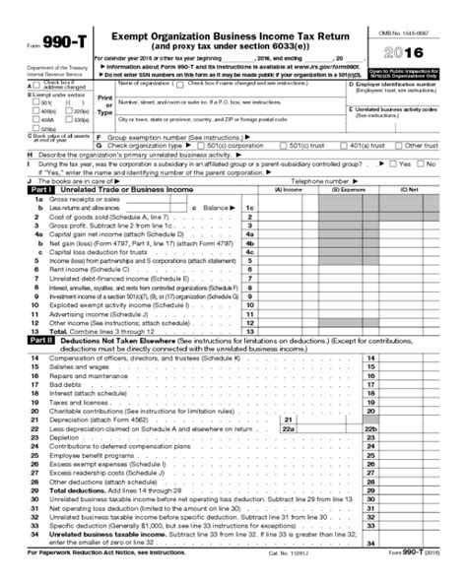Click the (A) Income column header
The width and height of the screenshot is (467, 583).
coord(291,189)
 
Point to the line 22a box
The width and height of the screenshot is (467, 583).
coord(289,429)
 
